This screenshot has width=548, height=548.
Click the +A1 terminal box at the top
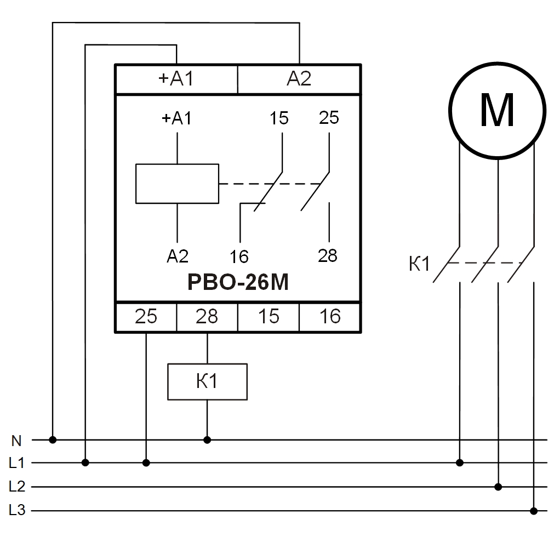[176, 79]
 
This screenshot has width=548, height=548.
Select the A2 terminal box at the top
[299, 79]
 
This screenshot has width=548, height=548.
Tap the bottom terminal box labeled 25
[146, 317]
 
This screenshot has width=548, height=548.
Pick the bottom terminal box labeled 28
[207, 317]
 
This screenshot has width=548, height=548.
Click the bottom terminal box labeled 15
[268, 317]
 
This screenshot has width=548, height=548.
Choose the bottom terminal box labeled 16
[329, 317]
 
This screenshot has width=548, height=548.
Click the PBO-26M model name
[237, 283]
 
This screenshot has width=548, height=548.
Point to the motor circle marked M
[497, 111]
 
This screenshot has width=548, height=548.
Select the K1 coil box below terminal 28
[207, 381]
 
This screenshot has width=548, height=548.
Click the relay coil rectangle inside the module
[177, 184]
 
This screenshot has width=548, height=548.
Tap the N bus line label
[16, 440]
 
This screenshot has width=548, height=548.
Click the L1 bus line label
[16, 463]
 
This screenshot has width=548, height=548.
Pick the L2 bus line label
[16, 487]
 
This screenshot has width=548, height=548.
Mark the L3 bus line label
[16, 511]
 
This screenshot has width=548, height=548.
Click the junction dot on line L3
[533, 511]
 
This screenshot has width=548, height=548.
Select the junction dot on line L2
[498, 487]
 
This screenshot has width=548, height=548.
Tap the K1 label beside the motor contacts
[419, 265]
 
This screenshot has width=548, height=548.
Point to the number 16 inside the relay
[239, 256]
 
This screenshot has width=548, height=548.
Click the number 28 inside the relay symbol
[328, 255]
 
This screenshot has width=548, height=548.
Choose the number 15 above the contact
[279, 118]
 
